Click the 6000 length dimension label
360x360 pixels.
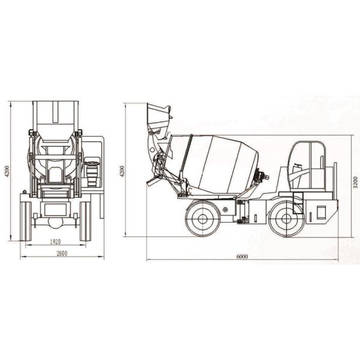point(242,256)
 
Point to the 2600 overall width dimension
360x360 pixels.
point(61,253)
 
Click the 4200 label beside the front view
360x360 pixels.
point(8,170)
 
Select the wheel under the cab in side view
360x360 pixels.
point(286,218)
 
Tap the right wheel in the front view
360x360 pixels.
point(85,220)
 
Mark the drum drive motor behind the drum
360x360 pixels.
point(262,176)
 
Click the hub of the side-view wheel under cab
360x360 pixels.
point(286,218)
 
